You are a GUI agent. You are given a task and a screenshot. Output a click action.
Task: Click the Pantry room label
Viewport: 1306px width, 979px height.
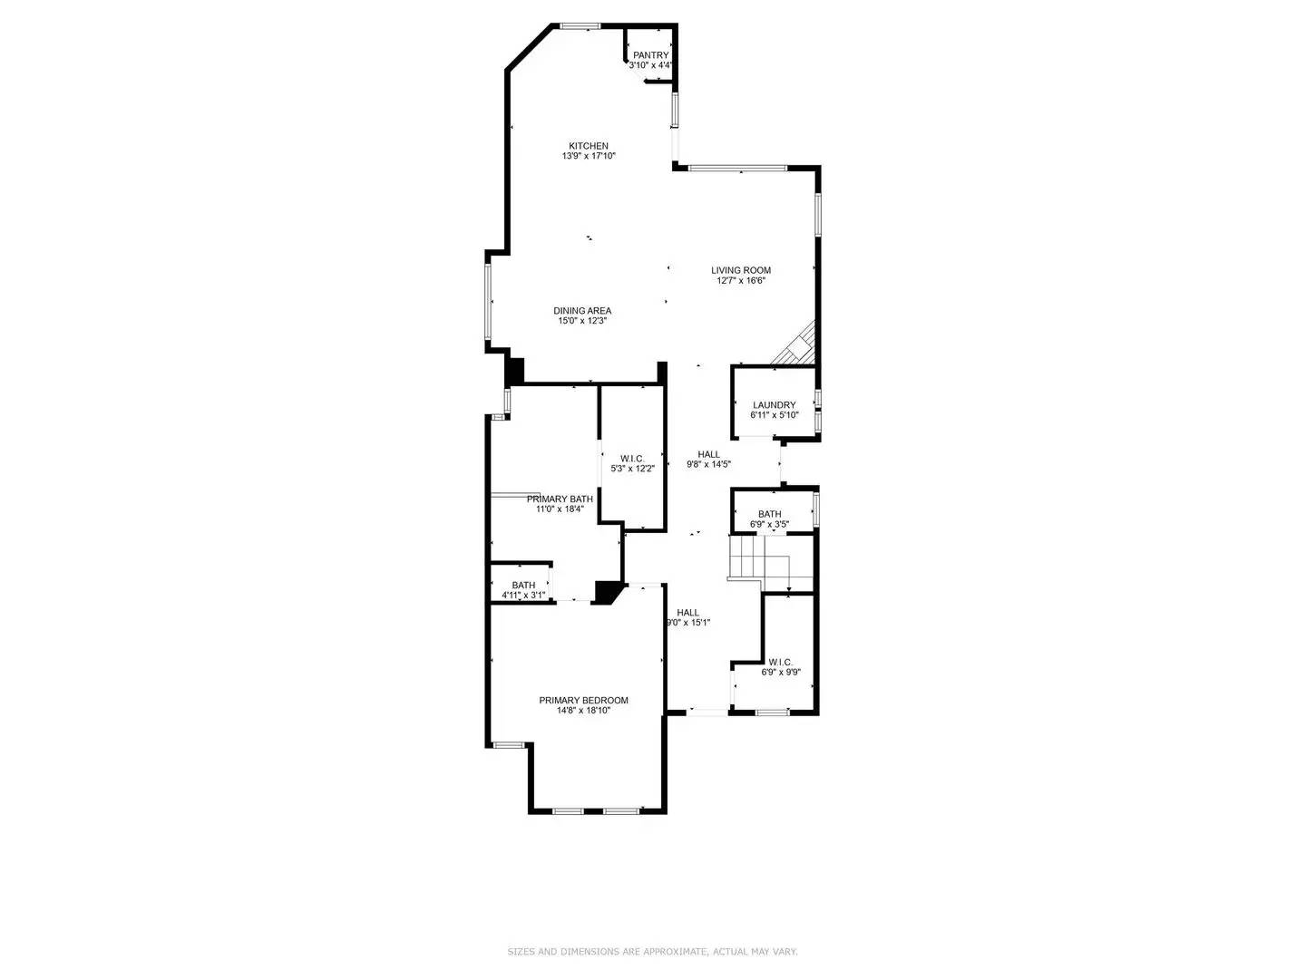tap(650, 55)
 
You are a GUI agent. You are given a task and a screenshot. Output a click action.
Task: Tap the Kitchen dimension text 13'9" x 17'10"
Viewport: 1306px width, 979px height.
tap(589, 156)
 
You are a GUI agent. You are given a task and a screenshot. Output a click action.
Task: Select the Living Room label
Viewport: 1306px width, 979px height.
tap(741, 270)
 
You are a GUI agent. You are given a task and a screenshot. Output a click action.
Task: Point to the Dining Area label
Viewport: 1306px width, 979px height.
tap(582, 311)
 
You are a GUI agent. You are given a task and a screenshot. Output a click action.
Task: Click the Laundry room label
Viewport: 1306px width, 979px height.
tap(774, 405)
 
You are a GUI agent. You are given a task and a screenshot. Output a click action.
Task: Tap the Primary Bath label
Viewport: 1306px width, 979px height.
tap(560, 499)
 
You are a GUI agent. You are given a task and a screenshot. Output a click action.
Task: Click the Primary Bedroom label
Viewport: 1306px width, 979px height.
tap(583, 700)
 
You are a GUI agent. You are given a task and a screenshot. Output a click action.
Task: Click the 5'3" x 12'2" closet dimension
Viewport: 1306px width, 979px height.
tap(632, 469)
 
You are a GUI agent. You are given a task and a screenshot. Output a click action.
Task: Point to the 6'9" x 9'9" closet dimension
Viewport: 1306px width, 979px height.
tap(780, 673)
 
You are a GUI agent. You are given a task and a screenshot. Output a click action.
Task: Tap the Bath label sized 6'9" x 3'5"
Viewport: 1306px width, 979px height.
tap(769, 514)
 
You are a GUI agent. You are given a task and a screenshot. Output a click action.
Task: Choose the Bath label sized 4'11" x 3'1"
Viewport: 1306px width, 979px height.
tap(523, 585)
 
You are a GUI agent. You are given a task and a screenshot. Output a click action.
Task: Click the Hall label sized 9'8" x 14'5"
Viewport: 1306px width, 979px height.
tap(708, 454)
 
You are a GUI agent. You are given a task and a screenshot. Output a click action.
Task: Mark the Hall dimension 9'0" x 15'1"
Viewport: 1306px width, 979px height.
tap(688, 623)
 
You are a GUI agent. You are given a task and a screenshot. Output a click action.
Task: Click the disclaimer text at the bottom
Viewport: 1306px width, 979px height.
tap(652, 952)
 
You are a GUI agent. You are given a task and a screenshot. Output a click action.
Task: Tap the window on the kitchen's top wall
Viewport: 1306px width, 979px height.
tap(580, 25)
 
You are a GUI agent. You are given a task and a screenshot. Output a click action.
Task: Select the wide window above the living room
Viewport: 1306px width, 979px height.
tap(736, 168)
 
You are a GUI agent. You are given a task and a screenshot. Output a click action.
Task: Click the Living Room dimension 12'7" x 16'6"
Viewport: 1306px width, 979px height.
tap(741, 281)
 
